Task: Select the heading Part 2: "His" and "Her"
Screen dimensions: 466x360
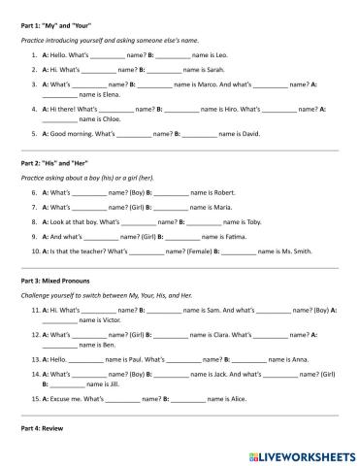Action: point(51,162)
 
